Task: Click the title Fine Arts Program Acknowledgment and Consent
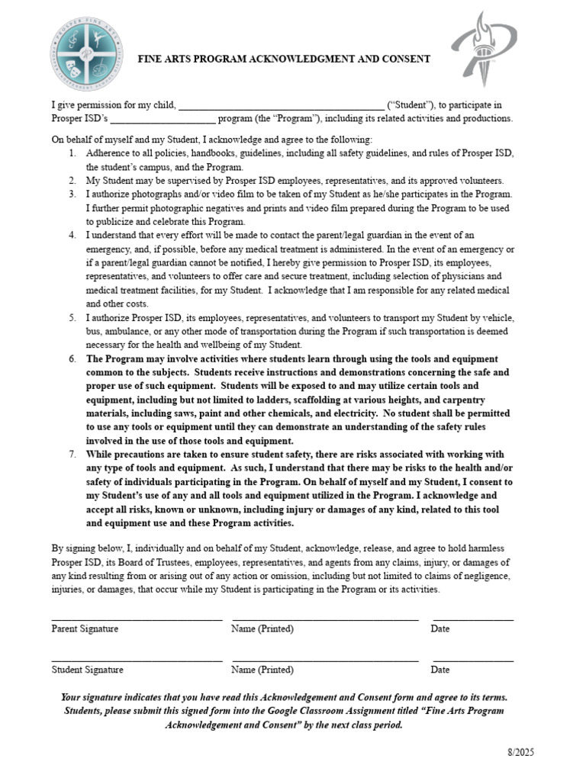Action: pos(283,59)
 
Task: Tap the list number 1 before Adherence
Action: pos(71,153)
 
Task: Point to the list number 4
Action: pos(71,236)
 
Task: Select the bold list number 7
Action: pos(71,455)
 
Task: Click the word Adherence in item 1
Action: pos(110,153)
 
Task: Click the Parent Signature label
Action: pos(85,629)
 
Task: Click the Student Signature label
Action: pos(87,670)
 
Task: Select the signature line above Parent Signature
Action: pos(137,619)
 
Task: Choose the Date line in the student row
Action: pos(473,659)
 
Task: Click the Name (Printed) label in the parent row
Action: pos(262,629)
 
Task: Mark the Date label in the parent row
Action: pos(440,629)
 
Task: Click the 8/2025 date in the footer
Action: pos(521,752)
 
